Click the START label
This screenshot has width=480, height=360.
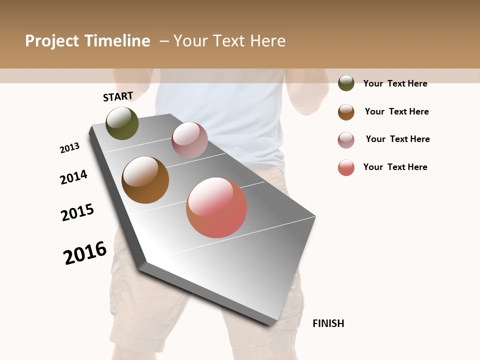118,96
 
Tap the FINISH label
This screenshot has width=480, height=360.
328,323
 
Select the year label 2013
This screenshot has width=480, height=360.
69,148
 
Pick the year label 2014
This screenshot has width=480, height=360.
73,177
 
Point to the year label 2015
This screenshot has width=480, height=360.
77,212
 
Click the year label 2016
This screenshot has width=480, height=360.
85,252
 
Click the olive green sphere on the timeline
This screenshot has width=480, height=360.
122,123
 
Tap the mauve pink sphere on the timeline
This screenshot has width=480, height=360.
189,140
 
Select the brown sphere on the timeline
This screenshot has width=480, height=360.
145,180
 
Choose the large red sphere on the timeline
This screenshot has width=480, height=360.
216,207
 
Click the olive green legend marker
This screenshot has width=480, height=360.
346,83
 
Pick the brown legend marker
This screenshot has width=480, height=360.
346,112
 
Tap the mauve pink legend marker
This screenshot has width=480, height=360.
346,140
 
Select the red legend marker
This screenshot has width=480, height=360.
346,167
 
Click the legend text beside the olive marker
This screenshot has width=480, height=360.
395,83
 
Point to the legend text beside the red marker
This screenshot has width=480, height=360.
395,167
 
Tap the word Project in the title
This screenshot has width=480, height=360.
52,41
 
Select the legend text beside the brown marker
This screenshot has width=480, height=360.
396,111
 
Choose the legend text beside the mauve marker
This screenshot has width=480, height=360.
397,139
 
